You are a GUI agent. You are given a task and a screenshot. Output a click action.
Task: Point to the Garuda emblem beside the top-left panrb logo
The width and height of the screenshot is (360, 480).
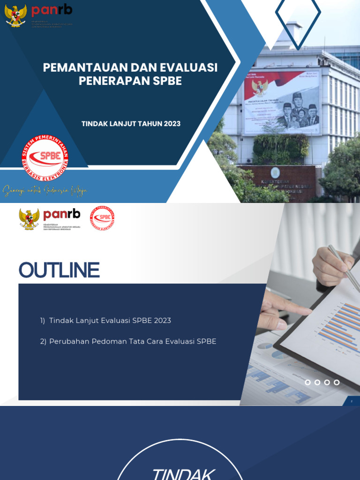pyautogui.click(x=15, y=15)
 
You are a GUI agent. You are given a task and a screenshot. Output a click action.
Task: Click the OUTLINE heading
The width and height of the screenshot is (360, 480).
pyautogui.click(x=59, y=270)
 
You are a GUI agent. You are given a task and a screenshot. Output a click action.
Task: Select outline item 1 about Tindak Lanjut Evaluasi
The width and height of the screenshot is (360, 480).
pyautogui.click(x=105, y=321)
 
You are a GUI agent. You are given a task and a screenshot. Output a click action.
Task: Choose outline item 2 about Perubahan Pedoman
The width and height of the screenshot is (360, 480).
pyautogui.click(x=128, y=341)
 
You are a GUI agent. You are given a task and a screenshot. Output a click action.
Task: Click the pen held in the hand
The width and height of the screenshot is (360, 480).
pyautogui.click(x=345, y=268)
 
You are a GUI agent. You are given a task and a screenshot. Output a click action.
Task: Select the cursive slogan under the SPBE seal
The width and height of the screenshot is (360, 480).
pyautogui.click(x=45, y=191)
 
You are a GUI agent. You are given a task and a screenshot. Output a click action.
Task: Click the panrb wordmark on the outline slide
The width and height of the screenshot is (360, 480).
pyautogui.click(x=61, y=215)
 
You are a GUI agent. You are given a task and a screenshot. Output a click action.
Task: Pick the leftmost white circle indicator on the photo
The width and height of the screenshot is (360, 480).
pyautogui.click(x=308, y=382)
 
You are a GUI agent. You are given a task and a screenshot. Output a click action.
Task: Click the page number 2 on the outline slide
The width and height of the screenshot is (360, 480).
pyautogui.click(x=351, y=401)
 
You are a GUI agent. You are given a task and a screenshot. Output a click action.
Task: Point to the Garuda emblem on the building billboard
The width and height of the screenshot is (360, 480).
pyautogui.click(x=259, y=87)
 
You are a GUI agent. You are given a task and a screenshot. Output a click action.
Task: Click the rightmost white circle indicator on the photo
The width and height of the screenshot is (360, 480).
pyautogui.click(x=337, y=382)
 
